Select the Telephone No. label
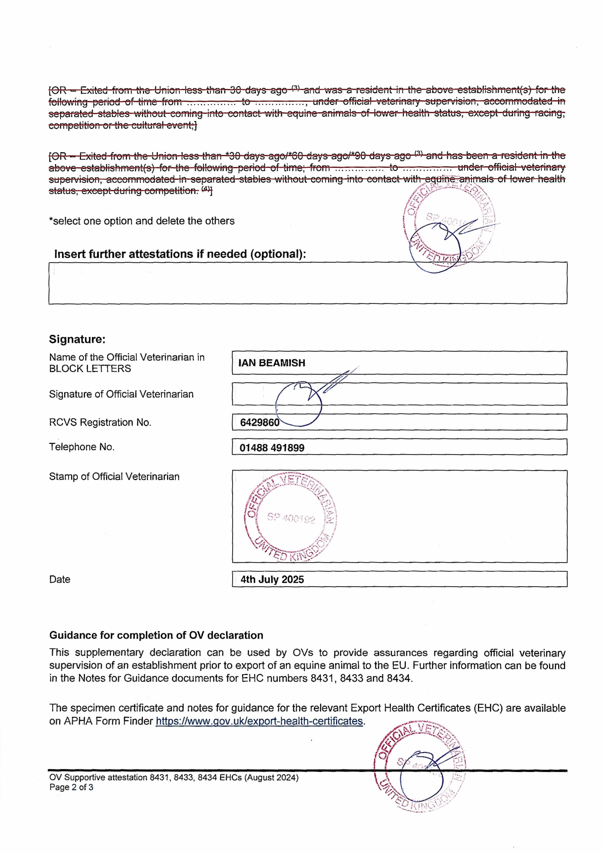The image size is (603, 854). (82, 447)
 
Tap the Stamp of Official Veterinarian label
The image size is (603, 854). (114, 477)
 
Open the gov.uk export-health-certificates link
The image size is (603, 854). (259, 721)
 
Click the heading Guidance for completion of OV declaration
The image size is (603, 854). (156, 635)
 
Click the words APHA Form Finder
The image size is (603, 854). (109, 721)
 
